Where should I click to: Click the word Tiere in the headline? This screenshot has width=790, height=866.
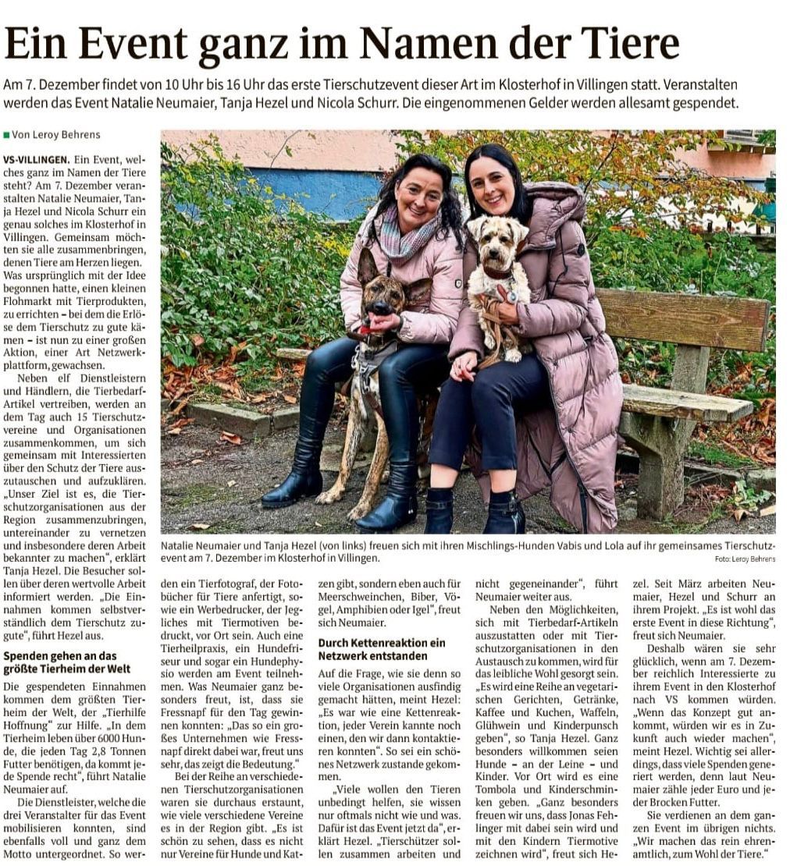(x=628, y=44)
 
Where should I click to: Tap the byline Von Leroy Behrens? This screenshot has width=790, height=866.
(x=55, y=135)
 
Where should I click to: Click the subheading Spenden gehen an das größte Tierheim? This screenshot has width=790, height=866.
(x=60, y=663)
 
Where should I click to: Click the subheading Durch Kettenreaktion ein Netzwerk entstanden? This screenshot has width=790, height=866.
(x=382, y=649)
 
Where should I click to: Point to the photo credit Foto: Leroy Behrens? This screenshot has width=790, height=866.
(x=745, y=559)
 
